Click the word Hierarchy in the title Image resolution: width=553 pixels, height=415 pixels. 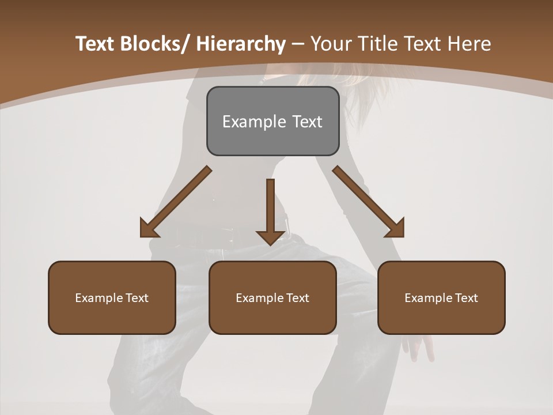click(x=241, y=44)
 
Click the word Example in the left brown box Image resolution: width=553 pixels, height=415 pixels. click(x=99, y=298)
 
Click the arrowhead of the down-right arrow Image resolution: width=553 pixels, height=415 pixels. click(x=395, y=228)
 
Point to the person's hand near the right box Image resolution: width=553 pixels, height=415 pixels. click(x=418, y=346)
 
